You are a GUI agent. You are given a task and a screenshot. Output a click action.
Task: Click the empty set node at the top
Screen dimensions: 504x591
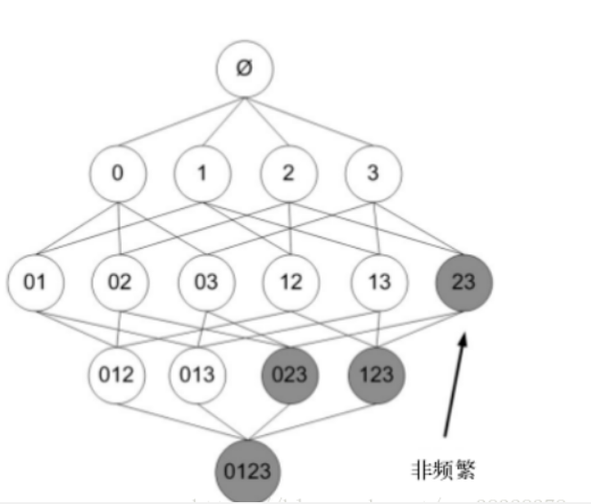(244, 69)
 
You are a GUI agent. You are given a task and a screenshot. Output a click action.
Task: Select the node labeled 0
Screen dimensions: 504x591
(117, 172)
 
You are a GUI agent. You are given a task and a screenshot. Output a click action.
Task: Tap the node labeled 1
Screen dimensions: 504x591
(202, 172)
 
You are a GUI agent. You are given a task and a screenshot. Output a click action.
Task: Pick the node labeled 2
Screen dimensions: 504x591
(288, 172)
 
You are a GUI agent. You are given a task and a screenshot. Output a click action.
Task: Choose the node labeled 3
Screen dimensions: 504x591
(372, 172)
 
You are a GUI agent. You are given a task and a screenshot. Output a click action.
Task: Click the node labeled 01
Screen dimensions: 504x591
(34, 281)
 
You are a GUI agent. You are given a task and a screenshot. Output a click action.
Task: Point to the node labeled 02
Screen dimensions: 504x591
(120, 281)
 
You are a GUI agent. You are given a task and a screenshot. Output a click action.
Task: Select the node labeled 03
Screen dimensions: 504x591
(206, 281)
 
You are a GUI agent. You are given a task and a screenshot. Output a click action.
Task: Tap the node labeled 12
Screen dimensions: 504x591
(291, 281)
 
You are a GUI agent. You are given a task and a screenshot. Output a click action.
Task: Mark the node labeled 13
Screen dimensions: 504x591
(378, 281)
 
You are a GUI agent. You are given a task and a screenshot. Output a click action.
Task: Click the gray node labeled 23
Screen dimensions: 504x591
(463, 281)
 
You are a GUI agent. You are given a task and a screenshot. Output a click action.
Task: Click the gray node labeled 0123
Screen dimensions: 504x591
(247, 472)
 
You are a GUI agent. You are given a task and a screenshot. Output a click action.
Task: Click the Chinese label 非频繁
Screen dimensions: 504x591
(444, 469)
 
